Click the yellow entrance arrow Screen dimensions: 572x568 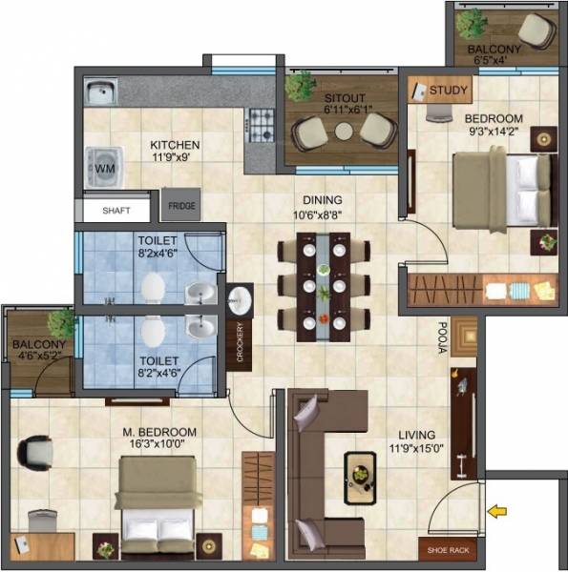(496, 512)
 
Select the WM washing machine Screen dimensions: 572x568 (102, 167)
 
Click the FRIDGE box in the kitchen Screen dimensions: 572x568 (179, 205)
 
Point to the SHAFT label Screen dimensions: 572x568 (116, 212)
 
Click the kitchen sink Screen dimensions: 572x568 (100, 92)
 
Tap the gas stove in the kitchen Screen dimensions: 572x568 (261, 126)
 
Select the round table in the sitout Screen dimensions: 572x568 (344, 132)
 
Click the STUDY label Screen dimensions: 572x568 (448, 92)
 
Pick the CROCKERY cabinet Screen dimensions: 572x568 (241, 342)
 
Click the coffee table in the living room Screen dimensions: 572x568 (362, 470)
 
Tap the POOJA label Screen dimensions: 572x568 (443, 337)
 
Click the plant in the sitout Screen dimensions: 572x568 (301, 86)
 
